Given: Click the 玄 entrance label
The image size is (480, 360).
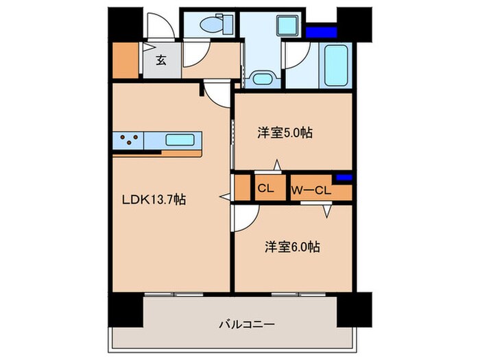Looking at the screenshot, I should click(x=160, y=60).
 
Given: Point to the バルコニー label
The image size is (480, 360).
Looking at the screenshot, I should click(x=238, y=322).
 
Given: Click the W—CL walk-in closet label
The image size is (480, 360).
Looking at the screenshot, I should click(x=311, y=190).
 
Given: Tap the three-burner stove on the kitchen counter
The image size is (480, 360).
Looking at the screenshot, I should click(x=129, y=141).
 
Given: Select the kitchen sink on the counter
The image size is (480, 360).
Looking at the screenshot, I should click(x=182, y=141).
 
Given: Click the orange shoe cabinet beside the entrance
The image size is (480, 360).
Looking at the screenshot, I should click(x=126, y=60).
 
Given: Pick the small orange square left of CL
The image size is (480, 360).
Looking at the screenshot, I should click(x=242, y=188).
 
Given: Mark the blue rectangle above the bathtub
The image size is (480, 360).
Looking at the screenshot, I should click(x=322, y=32).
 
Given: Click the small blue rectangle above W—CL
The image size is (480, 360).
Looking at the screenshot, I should click(x=345, y=178).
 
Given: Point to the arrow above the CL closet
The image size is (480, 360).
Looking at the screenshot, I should click(x=276, y=165).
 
